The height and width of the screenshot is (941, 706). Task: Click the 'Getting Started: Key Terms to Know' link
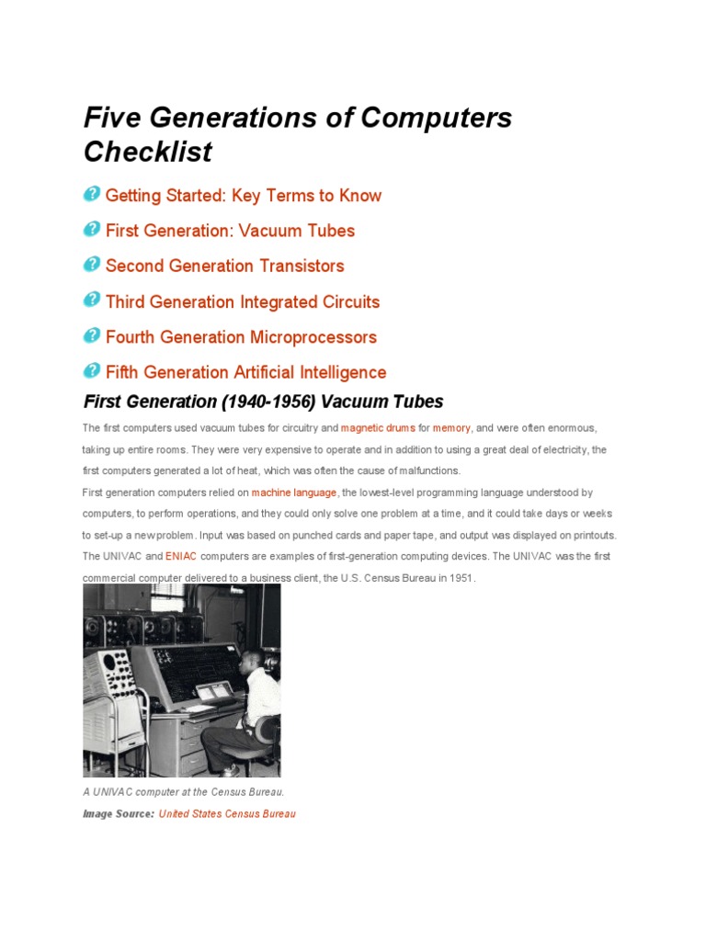point(243,196)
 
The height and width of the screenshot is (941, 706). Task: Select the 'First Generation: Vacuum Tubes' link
point(230,231)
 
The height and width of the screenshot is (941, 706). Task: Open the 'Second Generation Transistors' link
point(224,266)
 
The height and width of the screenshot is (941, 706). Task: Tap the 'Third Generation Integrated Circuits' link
point(242,302)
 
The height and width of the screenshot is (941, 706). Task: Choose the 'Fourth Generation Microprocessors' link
point(241,337)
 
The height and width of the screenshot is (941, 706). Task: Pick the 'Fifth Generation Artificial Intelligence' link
point(245,373)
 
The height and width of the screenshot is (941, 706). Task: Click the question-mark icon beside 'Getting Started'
point(92,195)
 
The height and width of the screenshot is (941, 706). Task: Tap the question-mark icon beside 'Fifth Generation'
point(92,371)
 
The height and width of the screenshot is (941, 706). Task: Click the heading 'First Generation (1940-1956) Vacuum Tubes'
point(263,402)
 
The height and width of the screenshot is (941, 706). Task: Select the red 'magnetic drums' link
point(378,428)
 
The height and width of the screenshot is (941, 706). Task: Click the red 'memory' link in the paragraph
point(451,428)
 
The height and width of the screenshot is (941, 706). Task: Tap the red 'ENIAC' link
point(181,557)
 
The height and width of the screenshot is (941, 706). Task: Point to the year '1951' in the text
point(460,578)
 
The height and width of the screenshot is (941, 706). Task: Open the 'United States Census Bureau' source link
point(227,814)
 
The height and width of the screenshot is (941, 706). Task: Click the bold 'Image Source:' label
point(118,814)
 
